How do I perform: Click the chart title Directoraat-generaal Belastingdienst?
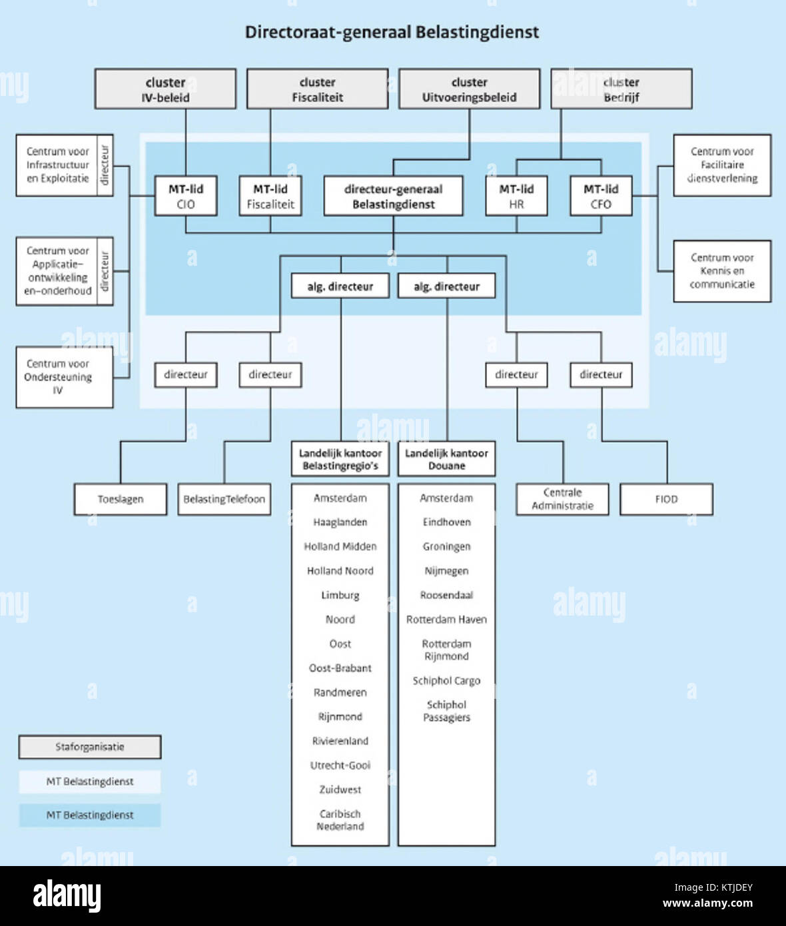[392, 32]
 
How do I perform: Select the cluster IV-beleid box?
[165, 89]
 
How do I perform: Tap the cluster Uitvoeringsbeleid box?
[469, 89]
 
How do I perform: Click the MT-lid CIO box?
[186, 196]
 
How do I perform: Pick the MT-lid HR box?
[516, 196]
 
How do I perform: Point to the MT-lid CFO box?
[601, 196]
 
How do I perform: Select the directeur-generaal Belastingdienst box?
[393, 196]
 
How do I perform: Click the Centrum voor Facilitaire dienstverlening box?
[722, 165]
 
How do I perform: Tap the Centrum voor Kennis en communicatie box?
[722, 271]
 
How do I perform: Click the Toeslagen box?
[121, 499]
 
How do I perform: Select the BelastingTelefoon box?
[224, 499]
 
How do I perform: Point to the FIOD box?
[666, 499]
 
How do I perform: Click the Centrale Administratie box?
[562, 499]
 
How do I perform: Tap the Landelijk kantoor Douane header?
[446, 459]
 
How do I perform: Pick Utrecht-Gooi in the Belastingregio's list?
[340, 765]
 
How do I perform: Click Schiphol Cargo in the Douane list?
[446, 680]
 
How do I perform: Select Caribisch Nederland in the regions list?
[340, 820]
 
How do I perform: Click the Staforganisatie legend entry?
[90, 747]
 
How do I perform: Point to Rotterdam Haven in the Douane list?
[446, 620]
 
